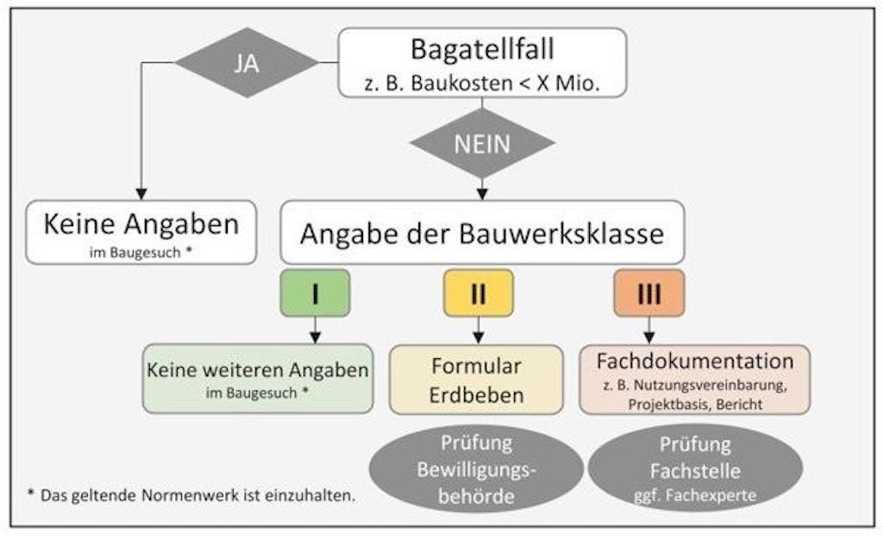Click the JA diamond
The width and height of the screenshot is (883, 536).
pos(247,62)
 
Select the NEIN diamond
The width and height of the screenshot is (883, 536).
pos(482,143)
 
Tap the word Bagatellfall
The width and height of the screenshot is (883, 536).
pos(482,49)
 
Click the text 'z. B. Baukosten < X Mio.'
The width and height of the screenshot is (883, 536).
pos(482,84)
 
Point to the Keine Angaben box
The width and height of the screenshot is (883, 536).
pos(141,232)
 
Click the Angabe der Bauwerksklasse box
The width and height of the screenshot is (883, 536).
pos(482,232)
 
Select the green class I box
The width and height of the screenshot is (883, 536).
pos(316,293)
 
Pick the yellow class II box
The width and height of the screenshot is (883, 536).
pos(479,293)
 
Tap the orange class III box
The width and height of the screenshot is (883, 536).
pos(649,293)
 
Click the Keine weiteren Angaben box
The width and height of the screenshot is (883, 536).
pos(258,379)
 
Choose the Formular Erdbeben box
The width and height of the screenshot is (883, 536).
pos(476,380)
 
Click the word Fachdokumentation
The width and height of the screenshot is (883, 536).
pos(695,361)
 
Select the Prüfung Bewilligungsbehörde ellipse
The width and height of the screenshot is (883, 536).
pos(476,469)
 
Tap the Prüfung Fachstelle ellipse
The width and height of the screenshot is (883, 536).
pos(695,469)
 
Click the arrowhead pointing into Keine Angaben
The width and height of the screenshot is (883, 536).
pos(141,194)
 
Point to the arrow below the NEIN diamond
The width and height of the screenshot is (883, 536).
pos(482,189)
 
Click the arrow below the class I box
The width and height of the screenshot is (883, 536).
pos(316,331)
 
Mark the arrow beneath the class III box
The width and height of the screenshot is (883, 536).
pos(649,331)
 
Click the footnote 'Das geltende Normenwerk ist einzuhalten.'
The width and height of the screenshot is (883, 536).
pos(197,496)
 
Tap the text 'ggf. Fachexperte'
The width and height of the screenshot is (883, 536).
pos(695,496)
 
